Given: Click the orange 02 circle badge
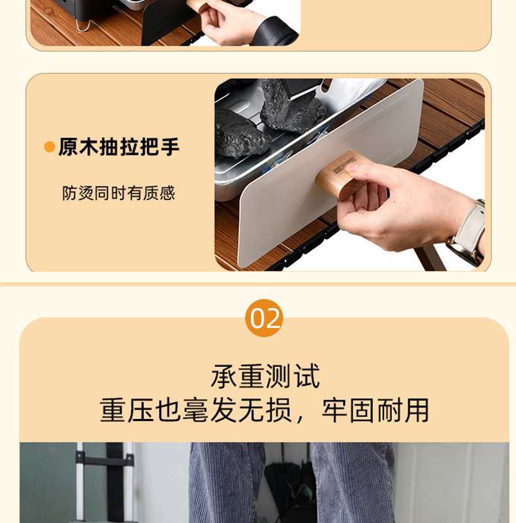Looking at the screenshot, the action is click(264, 318).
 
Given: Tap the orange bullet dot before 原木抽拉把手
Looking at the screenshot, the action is click(50, 146).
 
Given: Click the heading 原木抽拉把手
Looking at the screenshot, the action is click(119, 146).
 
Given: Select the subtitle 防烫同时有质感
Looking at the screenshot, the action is click(119, 193).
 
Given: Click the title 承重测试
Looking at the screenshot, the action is click(265, 377).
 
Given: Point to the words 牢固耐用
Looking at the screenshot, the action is click(376, 411).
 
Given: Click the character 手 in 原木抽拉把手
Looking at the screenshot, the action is click(170, 146).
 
